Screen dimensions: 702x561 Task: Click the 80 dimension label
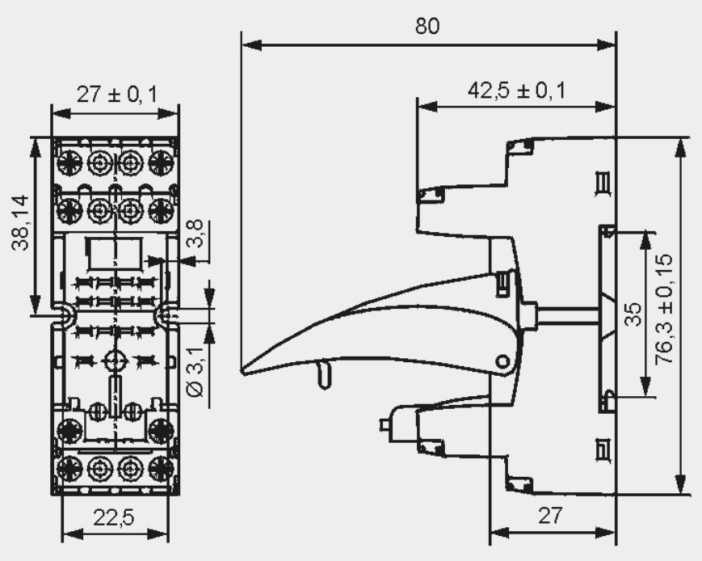(x=427, y=26)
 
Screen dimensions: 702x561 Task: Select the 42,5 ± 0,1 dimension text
(x=517, y=90)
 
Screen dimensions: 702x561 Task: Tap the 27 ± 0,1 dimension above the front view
(x=117, y=95)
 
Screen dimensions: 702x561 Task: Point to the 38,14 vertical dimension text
(x=20, y=222)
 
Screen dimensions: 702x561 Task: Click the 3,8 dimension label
(x=195, y=233)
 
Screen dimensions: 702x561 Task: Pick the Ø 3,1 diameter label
(x=195, y=370)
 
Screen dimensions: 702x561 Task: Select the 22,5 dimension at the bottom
(x=114, y=518)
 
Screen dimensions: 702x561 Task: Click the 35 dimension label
(x=633, y=314)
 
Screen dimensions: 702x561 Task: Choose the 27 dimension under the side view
(x=549, y=516)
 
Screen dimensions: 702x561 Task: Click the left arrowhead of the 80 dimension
(x=251, y=44)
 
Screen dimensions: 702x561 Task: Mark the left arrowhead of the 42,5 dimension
(x=427, y=107)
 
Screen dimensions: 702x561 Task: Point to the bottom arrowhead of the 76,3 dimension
(x=680, y=483)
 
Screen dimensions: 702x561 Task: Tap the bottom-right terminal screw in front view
(x=161, y=469)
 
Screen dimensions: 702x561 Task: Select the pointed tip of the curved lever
(x=242, y=371)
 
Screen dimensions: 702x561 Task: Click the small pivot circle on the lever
(x=502, y=361)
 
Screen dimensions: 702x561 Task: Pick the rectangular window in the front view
(x=115, y=253)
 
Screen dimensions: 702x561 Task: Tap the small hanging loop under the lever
(x=324, y=376)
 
